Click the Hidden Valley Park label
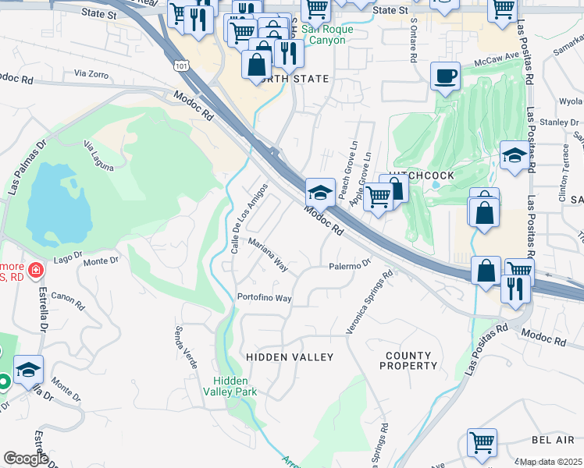235,386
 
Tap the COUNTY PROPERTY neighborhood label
408,360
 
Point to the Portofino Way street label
265,298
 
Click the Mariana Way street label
269,255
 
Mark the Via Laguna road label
99,155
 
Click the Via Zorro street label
91,73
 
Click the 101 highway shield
182,67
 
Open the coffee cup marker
446,77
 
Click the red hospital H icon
35,271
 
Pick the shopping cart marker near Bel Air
482,442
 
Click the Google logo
26,459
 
